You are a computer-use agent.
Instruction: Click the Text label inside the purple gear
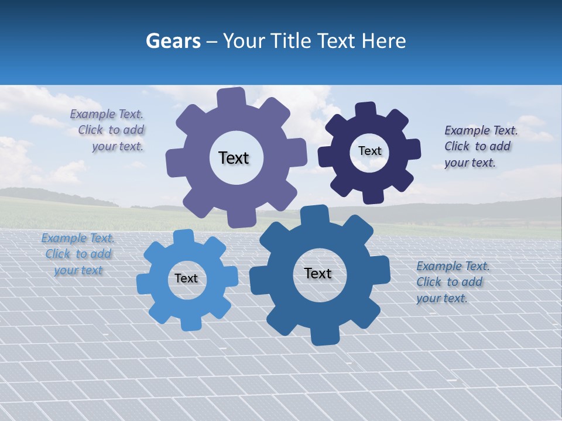[234, 158]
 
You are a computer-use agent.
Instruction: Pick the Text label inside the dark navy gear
[369, 151]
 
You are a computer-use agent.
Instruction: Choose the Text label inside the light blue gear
[186, 278]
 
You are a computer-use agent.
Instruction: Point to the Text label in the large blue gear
[318, 273]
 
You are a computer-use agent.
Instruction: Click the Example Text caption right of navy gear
[480, 146]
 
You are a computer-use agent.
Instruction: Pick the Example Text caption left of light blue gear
[78, 254]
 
